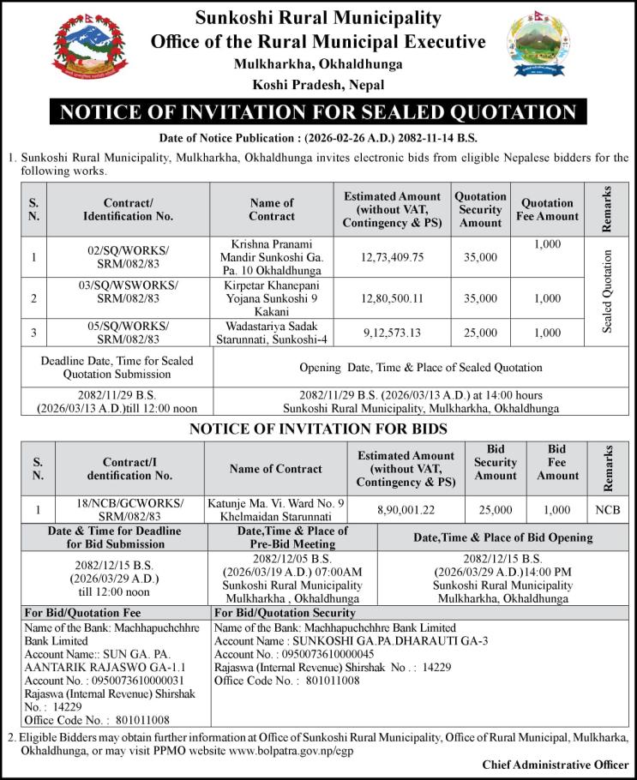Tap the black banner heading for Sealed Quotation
318,112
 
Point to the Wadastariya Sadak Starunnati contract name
272,332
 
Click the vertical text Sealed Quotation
608,291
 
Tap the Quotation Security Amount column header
481,209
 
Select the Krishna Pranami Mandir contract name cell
272,256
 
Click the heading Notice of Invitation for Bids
318,429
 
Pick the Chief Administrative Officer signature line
555,765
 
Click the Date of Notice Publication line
318,138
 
